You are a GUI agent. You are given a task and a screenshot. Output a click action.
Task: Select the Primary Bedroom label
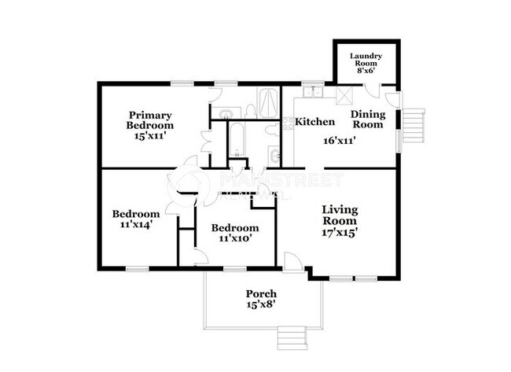pyautogui.click(x=150, y=120)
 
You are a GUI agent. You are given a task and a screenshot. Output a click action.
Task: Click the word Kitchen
pyautogui.click(x=315, y=122)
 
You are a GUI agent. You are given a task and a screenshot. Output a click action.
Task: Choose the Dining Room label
pyautogui.click(x=366, y=119)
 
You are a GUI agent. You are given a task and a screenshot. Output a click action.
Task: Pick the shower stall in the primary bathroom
pyautogui.click(x=267, y=102)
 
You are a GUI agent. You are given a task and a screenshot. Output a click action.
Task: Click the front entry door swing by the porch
pyautogui.click(x=292, y=262)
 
